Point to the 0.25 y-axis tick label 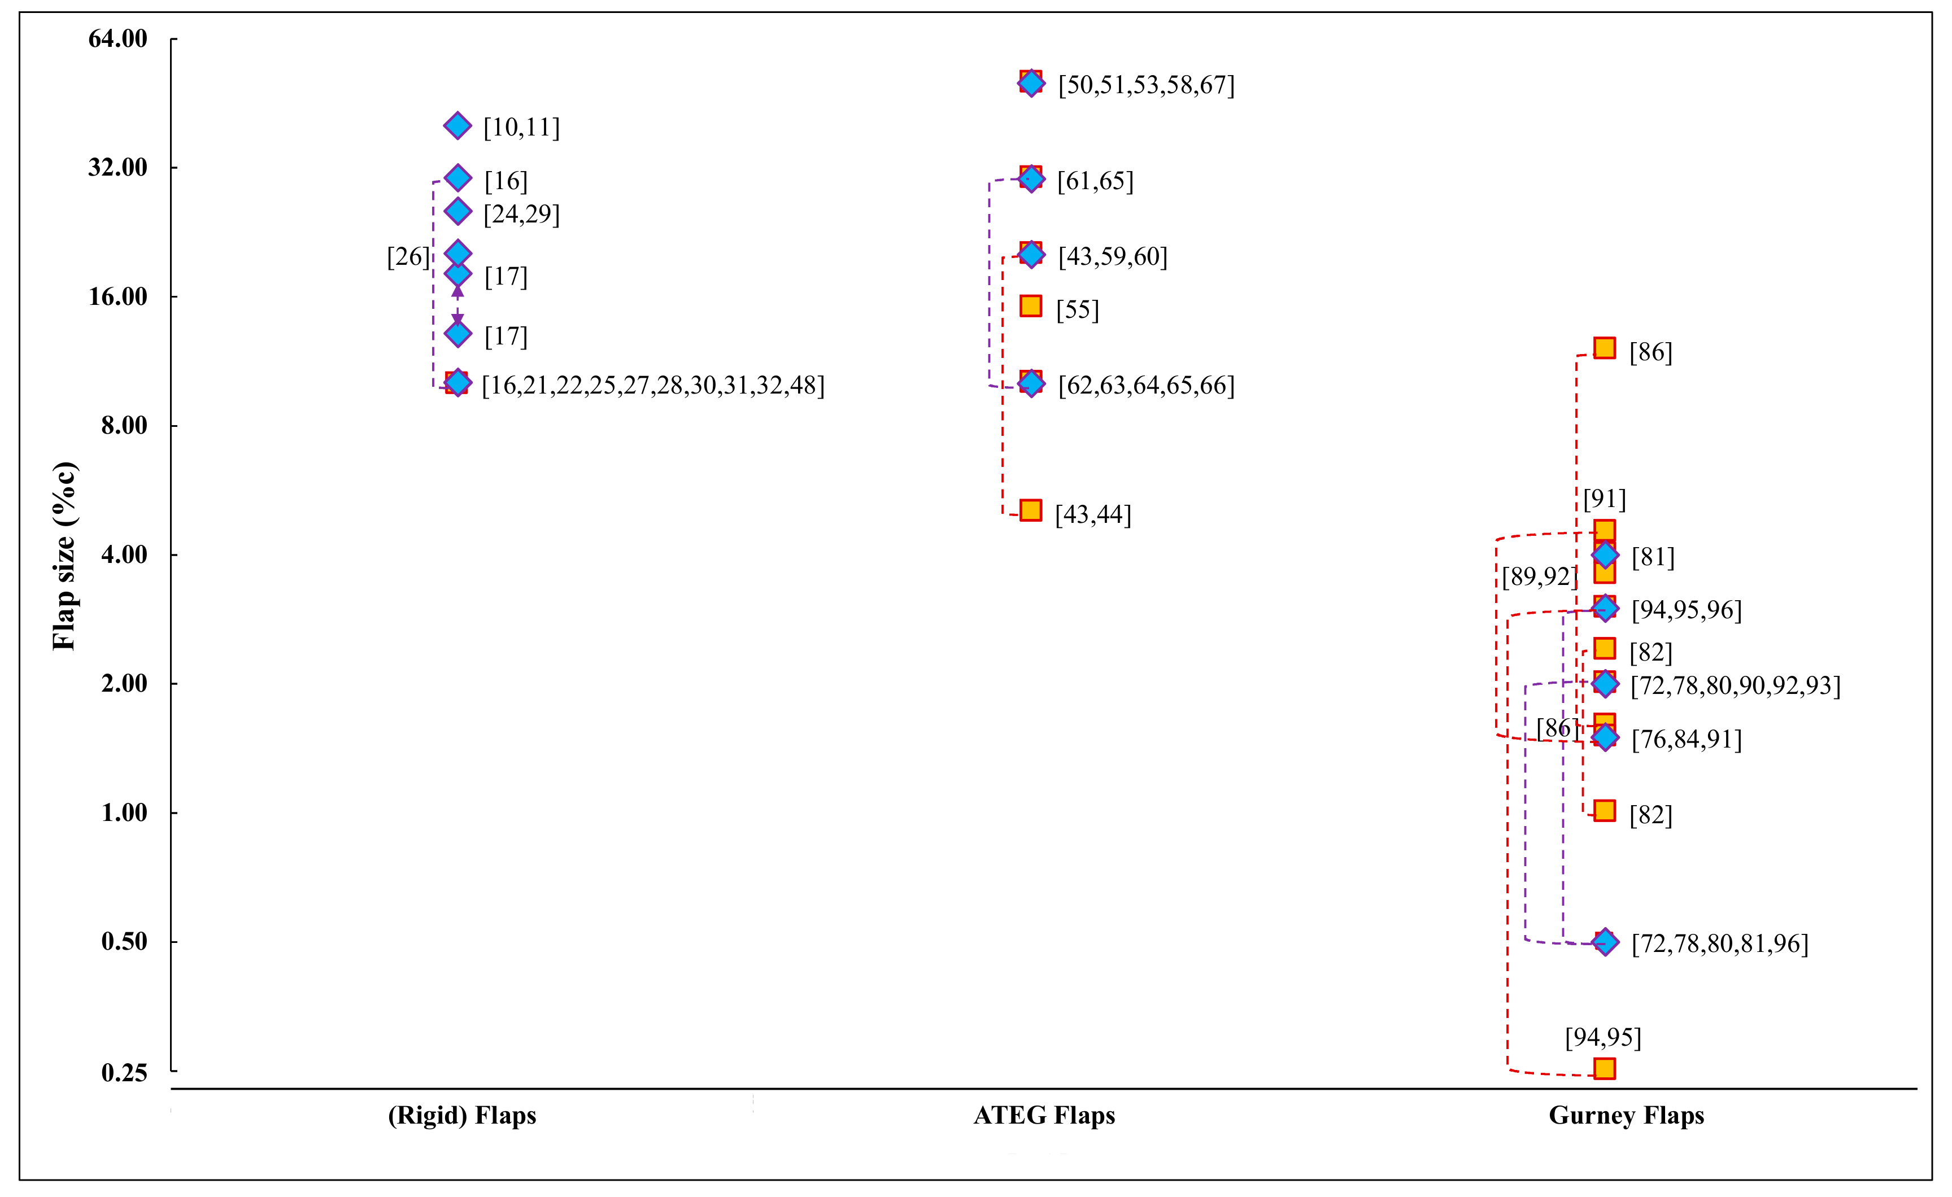124,1073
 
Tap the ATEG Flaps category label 1044,1115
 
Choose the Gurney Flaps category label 1626,1115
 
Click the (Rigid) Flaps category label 462,1115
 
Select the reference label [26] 408,257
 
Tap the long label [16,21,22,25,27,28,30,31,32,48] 653,386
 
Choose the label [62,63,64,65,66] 1147,386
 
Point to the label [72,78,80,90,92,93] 1735,686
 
